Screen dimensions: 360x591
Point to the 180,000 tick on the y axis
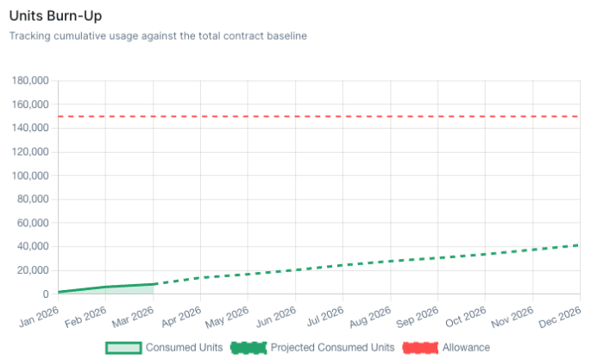click(29, 81)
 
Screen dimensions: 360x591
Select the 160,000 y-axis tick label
click(29, 104)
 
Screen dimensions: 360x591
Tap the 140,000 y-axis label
click(29, 129)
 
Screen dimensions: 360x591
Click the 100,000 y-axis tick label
click(29, 176)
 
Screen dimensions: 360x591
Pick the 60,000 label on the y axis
click(33, 224)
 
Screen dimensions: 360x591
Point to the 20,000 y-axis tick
click(33, 271)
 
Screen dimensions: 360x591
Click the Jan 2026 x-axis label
click(40, 314)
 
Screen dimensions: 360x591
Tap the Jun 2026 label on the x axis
click(277, 314)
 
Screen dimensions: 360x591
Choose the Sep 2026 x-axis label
click(419, 314)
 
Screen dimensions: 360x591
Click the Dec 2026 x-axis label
click(562, 314)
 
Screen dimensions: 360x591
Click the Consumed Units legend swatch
click(122, 347)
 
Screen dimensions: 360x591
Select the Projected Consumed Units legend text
click(332, 347)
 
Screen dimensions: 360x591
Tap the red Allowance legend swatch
click(420, 347)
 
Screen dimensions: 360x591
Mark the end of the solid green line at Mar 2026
click(154, 284)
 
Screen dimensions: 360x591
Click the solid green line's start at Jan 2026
click(59, 292)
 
